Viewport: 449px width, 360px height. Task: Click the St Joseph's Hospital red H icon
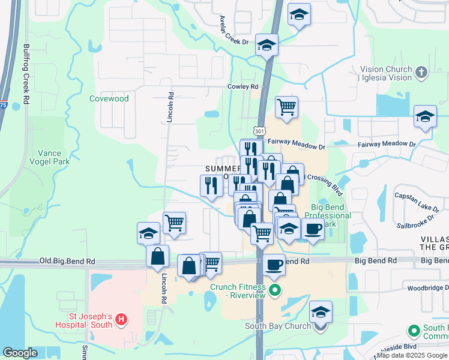click(x=121, y=318)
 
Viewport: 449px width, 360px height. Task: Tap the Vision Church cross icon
click(x=421, y=73)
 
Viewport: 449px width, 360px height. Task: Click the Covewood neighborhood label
click(x=109, y=98)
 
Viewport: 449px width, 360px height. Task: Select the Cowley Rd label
click(x=243, y=87)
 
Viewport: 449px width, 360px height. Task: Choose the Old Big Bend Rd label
click(x=67, y=262)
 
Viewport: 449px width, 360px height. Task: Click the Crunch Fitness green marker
click(x=275, y=293)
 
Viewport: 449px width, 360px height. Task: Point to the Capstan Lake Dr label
click(x=417, y=201)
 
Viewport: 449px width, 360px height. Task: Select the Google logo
click(x=20, y=353)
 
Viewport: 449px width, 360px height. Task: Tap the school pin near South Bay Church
click(x=321, y=313)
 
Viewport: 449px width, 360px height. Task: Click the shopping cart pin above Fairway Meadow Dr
click(x=287, y=107)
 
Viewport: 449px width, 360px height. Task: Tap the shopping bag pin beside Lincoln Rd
click(x=157, y=256)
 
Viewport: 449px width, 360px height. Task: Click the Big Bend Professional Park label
click(x=327, y=215)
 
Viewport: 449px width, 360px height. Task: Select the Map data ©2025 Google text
click(x=412, y=355)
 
